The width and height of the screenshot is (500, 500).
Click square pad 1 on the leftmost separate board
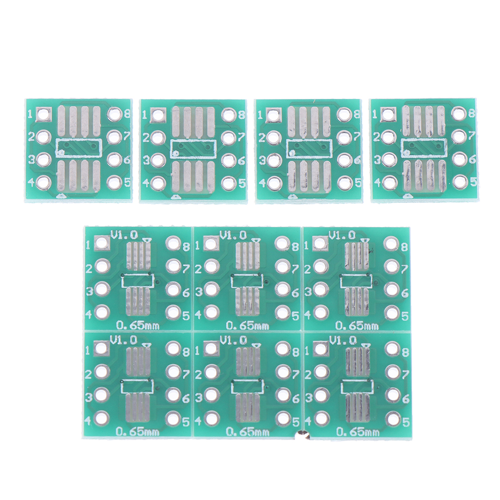click(x=44, y=114)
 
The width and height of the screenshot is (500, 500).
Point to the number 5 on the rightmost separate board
click(x=473, y=182)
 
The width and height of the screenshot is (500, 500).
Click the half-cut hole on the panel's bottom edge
click(x=302, y=436)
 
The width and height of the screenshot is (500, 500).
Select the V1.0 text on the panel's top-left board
click(x=124, y=236)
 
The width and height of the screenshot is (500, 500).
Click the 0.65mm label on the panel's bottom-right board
click(x=358, y=432)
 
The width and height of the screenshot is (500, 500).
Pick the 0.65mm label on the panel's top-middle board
click(x=248, y=325)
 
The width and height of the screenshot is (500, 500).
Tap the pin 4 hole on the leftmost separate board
click(x=44, y=183)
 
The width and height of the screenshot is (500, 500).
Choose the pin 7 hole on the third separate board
click(x=344, y=137)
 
